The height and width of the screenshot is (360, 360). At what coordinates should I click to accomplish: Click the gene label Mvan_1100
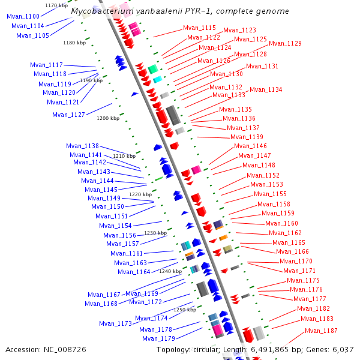click(23, 16)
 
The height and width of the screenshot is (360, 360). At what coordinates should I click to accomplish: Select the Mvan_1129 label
click(285, 43)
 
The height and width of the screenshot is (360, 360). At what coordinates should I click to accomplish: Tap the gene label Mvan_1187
click(321, 331)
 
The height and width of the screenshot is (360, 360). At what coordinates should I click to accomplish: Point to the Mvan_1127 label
click(68, 115)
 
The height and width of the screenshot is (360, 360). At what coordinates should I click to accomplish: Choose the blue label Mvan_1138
click(82, 146)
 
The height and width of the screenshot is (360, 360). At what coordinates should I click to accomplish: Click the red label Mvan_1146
click(250, 146)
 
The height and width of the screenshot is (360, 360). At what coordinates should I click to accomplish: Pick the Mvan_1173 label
click(115, 323)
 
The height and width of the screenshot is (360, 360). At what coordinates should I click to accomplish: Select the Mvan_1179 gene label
click(158, 338)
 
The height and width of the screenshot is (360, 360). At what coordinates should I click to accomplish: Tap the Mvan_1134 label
click(266, 89)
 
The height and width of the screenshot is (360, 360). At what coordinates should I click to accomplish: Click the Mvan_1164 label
click(134, 272)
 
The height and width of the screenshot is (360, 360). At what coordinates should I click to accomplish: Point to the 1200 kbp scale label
click(108, 118)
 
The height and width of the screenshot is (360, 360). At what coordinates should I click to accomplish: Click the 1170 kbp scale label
click(56, 5)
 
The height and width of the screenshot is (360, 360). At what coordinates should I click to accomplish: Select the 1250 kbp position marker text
click(185, 310)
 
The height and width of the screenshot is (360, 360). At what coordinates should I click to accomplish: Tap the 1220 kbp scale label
click(140, 194)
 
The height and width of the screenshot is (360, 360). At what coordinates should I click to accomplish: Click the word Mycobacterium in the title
click(100, 11)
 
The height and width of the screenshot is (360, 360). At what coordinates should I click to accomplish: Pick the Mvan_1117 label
click(46, 65)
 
